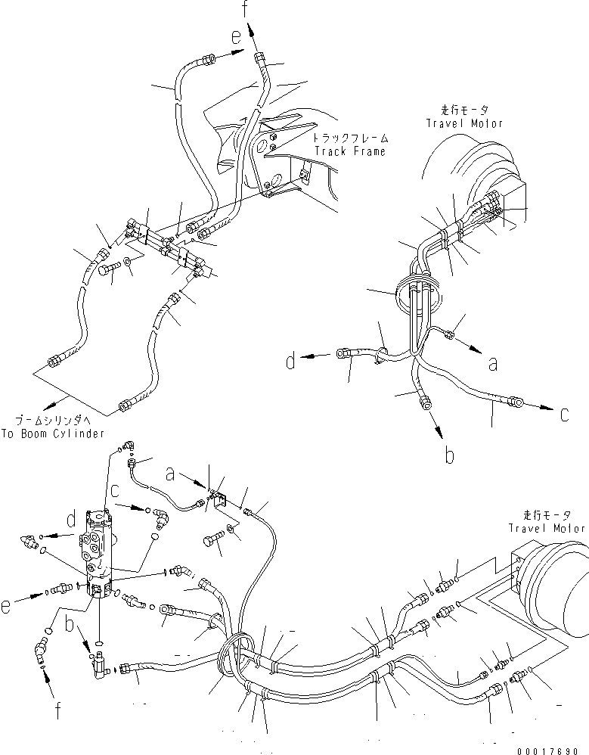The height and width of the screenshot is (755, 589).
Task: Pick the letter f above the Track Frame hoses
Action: click(x=244, y=10)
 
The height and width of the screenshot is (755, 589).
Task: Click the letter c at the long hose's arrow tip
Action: click(x=565, y=415)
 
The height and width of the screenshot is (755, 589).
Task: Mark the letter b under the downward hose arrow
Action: click(x=448, y=455)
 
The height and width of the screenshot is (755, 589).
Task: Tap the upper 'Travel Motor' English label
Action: click(x=463, y=123)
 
